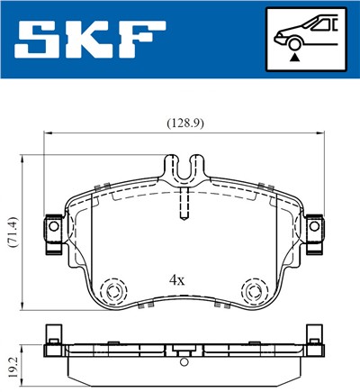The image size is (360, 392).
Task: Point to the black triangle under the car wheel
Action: click(x=293, y=55)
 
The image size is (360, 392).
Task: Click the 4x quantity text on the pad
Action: click(x=176, y=280)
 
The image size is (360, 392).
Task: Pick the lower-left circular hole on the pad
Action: click(x=113, y=290)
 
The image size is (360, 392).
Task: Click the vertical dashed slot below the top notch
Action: click(x=183, y=203)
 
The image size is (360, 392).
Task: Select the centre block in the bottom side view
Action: click(x=183, y=351)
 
